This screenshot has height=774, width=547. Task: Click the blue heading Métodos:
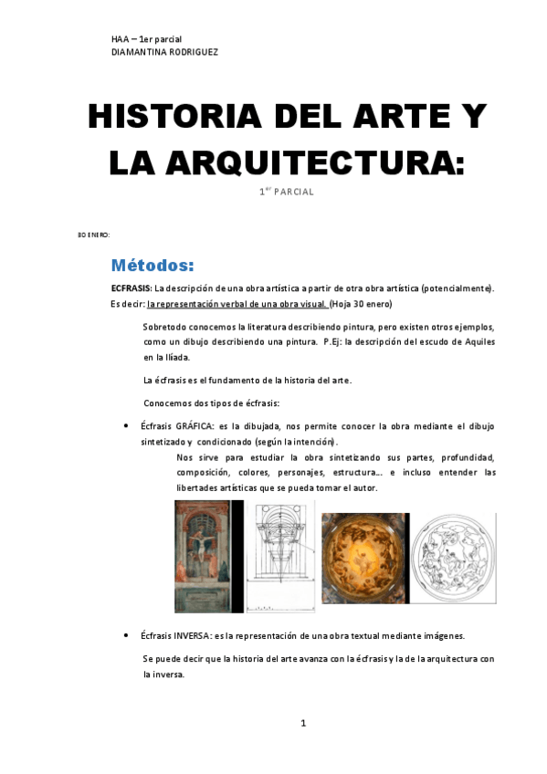tap(153, 266)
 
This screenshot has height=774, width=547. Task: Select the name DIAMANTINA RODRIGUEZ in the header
tap(164, 52)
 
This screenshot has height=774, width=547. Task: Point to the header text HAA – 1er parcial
tap(147, 39)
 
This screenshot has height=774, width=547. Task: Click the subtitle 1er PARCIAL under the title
tap(287, 192)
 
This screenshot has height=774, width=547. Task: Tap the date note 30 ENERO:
tap(93, 235)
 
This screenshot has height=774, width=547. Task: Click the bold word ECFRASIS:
tap(131, 288)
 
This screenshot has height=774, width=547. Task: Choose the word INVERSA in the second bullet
tap(194, 635)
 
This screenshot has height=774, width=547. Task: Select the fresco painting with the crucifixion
tap(202, 556)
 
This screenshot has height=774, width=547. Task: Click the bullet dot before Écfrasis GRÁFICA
tap(124, 426)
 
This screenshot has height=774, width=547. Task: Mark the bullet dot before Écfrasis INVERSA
tap(124, 636)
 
